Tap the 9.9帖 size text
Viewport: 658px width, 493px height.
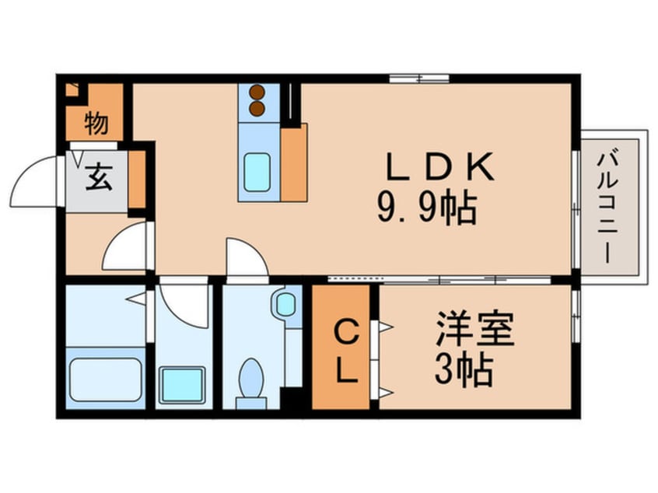pyautogui.click(x=426, y=208)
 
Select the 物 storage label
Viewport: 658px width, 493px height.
pyautogui.click(x=96, y=124)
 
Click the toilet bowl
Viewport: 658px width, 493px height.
pyautogui.click(x=251, y=380)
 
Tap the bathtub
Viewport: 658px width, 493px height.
pyautogui.click(x=105, y=380)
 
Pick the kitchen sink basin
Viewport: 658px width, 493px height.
pyautogui.click(x=256, y=172)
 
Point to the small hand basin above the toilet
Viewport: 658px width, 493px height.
pyautogui.click(x=286, y=303)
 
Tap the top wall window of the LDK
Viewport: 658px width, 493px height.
pyautogui.click(x=419, y=79)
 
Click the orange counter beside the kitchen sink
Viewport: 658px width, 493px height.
pyautogui.click(x=293, y=163)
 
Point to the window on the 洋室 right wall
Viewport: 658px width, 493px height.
pyautogui.click(x=576, y=316)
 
